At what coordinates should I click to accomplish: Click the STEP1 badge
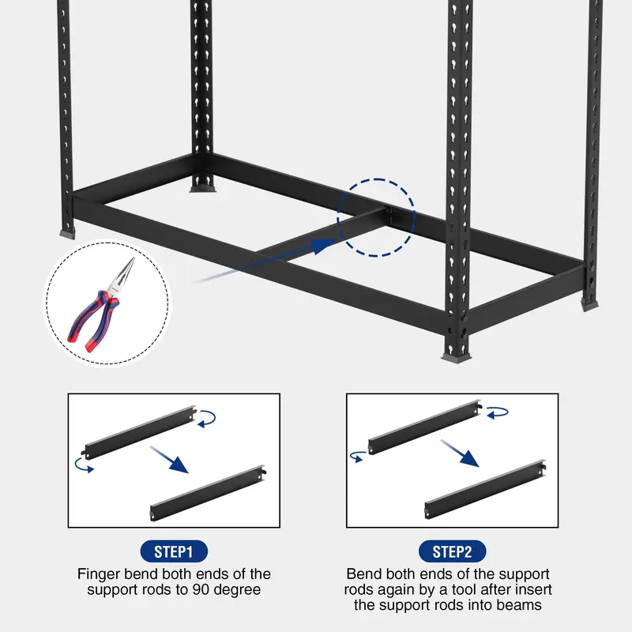174,551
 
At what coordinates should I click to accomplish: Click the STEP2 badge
452,551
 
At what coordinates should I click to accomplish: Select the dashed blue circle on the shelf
337,218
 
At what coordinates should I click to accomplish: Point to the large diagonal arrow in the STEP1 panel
169,460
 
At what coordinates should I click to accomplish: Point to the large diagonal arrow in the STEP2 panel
460,453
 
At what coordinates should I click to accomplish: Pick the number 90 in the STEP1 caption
201,589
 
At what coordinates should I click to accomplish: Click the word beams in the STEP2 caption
519,605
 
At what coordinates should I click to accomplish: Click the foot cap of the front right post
456,357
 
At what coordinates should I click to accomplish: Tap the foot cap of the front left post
67,233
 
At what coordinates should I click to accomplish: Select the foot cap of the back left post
203,188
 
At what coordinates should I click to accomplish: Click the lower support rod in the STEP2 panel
486,489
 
